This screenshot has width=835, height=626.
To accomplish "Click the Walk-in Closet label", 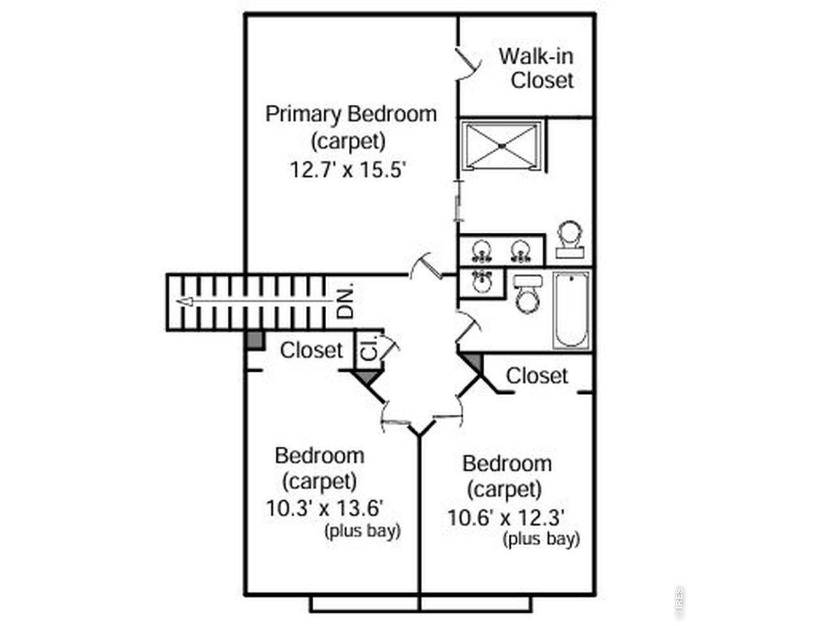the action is pos(536,68).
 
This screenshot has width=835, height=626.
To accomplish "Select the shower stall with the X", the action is pos(502,145).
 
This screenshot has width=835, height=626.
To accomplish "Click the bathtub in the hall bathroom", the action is pos(571,310).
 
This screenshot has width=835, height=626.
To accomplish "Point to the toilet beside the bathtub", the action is pos(528,294).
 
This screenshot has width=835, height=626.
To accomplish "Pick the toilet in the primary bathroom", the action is pos(569,240).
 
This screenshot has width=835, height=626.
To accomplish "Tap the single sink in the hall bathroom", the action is pos(482,282).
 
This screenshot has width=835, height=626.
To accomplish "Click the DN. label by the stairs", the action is pos(345,300).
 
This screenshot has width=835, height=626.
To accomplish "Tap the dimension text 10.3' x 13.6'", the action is pos(324,508).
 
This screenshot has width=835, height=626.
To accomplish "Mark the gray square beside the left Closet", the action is pos(255,340).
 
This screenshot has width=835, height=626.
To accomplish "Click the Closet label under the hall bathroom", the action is pos(537,376).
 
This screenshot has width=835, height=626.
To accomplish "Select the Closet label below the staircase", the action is pos(312,350).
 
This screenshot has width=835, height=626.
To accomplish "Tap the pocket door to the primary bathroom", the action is pos(459,201).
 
